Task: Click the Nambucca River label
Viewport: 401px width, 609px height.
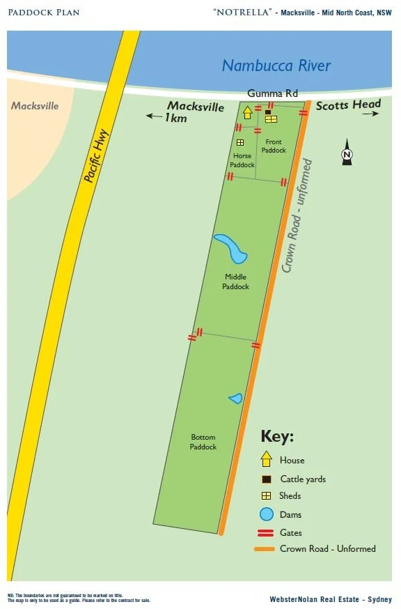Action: [276, 66]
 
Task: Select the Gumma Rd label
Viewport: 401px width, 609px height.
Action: [273, 94]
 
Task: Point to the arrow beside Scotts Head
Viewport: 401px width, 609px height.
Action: [370, 114]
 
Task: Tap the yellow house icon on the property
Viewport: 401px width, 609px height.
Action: [247, 111]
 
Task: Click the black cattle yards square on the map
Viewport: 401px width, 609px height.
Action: [268, 111]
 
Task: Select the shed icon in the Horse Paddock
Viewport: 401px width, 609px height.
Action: [239, 142]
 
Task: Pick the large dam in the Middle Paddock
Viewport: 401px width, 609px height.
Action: [231, 248]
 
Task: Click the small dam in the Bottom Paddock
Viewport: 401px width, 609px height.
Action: [235, 399]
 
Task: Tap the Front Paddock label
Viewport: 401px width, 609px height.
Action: [274, 146]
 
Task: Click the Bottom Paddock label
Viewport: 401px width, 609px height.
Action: [203, 442]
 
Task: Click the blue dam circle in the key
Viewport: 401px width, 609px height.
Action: [266, 515]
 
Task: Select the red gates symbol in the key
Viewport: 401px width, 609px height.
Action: [265, 532]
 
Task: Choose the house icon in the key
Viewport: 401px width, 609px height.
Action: [266, 459]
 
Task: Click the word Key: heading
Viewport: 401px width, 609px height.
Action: [277, 437]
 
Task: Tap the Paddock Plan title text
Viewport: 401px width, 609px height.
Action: [43, 13]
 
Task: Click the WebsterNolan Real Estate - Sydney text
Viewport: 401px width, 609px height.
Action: [331, 599]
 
